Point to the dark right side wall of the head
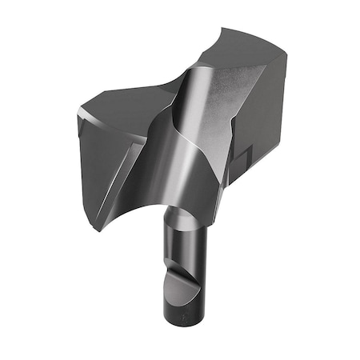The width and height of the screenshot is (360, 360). [x=264, y=120]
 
